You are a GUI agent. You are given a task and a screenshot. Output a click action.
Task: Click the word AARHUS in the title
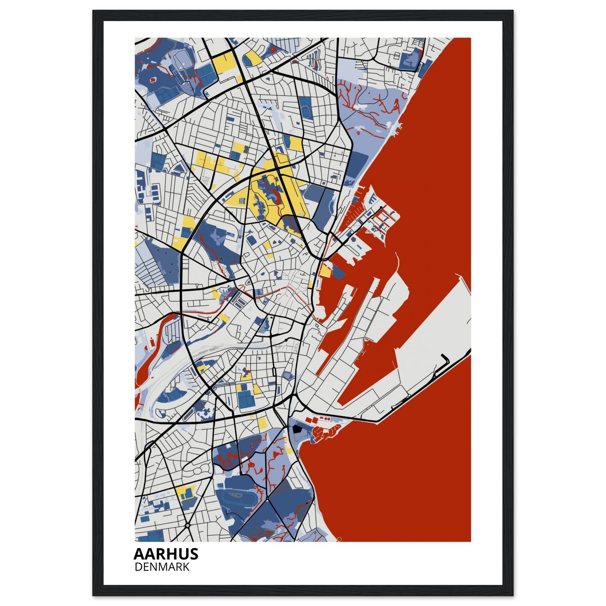coord(166,554)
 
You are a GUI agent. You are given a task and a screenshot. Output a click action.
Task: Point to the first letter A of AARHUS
coord(139,554)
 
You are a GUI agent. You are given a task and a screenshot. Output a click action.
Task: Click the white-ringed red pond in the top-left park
coord(153,80)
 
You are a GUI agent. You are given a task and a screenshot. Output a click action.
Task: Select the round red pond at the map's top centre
coord(273,49)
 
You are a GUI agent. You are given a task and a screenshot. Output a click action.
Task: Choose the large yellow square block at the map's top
coord(223,63)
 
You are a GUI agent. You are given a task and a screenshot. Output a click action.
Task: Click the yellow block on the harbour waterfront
coord(325,270)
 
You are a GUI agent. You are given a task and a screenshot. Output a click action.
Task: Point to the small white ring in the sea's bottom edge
coord(339,539)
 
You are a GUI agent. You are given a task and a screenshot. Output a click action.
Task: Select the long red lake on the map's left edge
coord(147,354)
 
